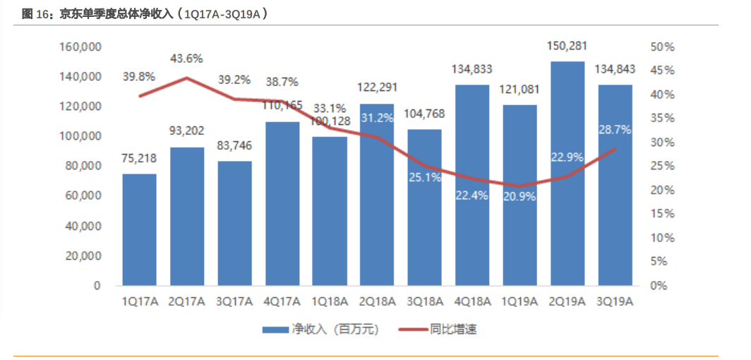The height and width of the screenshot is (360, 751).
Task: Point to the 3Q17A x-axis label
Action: click(x=234, y=301)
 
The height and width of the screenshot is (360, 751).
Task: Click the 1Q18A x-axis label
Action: click(x=330, y=301)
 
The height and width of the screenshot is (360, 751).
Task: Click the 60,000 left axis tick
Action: click(x=83, y=196)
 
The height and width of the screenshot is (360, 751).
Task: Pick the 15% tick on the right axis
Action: click(x=663, y=214)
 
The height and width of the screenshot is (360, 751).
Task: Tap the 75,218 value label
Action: click(x=139, y=159)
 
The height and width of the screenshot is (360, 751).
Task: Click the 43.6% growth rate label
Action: click(x=186, y=59)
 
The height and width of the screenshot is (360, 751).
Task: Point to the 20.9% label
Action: click(x=519, y=197)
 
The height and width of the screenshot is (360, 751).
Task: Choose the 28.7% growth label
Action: click(x=615, y=131)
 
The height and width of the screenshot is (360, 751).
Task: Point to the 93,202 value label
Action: click(x=186, y=131)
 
